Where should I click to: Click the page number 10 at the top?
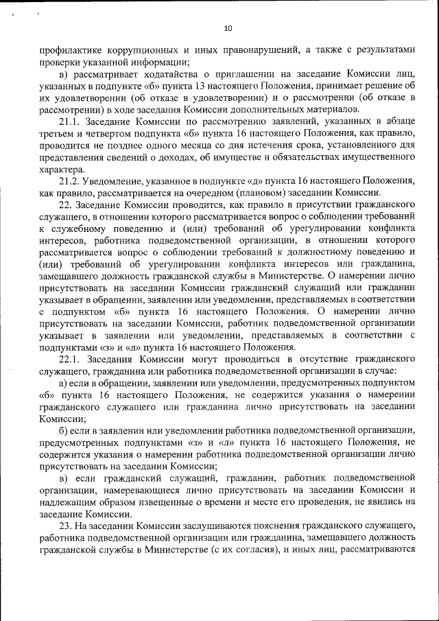[228, 28]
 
